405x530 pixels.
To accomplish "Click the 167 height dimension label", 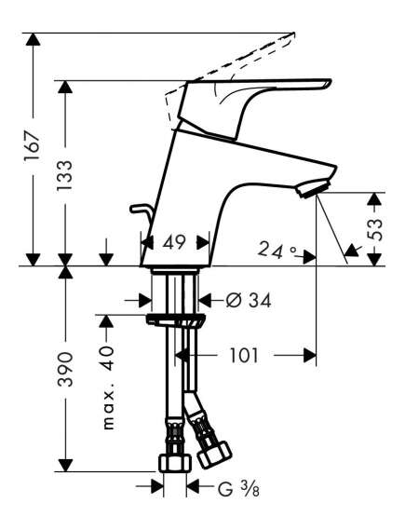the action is click(33, 146).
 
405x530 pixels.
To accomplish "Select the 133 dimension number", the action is click(64, 175).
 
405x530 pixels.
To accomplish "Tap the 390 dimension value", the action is click(64, 369).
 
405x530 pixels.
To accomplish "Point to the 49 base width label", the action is click(174, 242).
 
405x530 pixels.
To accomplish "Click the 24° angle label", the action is click(277, 251).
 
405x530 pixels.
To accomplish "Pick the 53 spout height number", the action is click(375, 230).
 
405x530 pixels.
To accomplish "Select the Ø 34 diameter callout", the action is click(249, 300).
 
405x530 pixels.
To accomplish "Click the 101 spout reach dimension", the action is click(244, 355).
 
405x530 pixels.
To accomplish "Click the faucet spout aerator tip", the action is click(313, 189).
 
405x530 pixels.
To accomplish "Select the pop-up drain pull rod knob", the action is click(139, 209).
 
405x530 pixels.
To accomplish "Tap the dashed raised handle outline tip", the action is click(293, 34).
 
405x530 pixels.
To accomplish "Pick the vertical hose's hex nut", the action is click(175, 464).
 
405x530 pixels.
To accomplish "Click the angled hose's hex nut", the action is click(214, 455).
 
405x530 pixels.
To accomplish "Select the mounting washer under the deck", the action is click(175, 320).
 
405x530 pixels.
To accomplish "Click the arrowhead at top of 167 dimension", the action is click(33, 39).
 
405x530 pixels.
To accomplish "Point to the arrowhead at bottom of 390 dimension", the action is click(65, 465).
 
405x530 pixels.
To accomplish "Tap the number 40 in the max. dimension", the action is click(108, 359).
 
